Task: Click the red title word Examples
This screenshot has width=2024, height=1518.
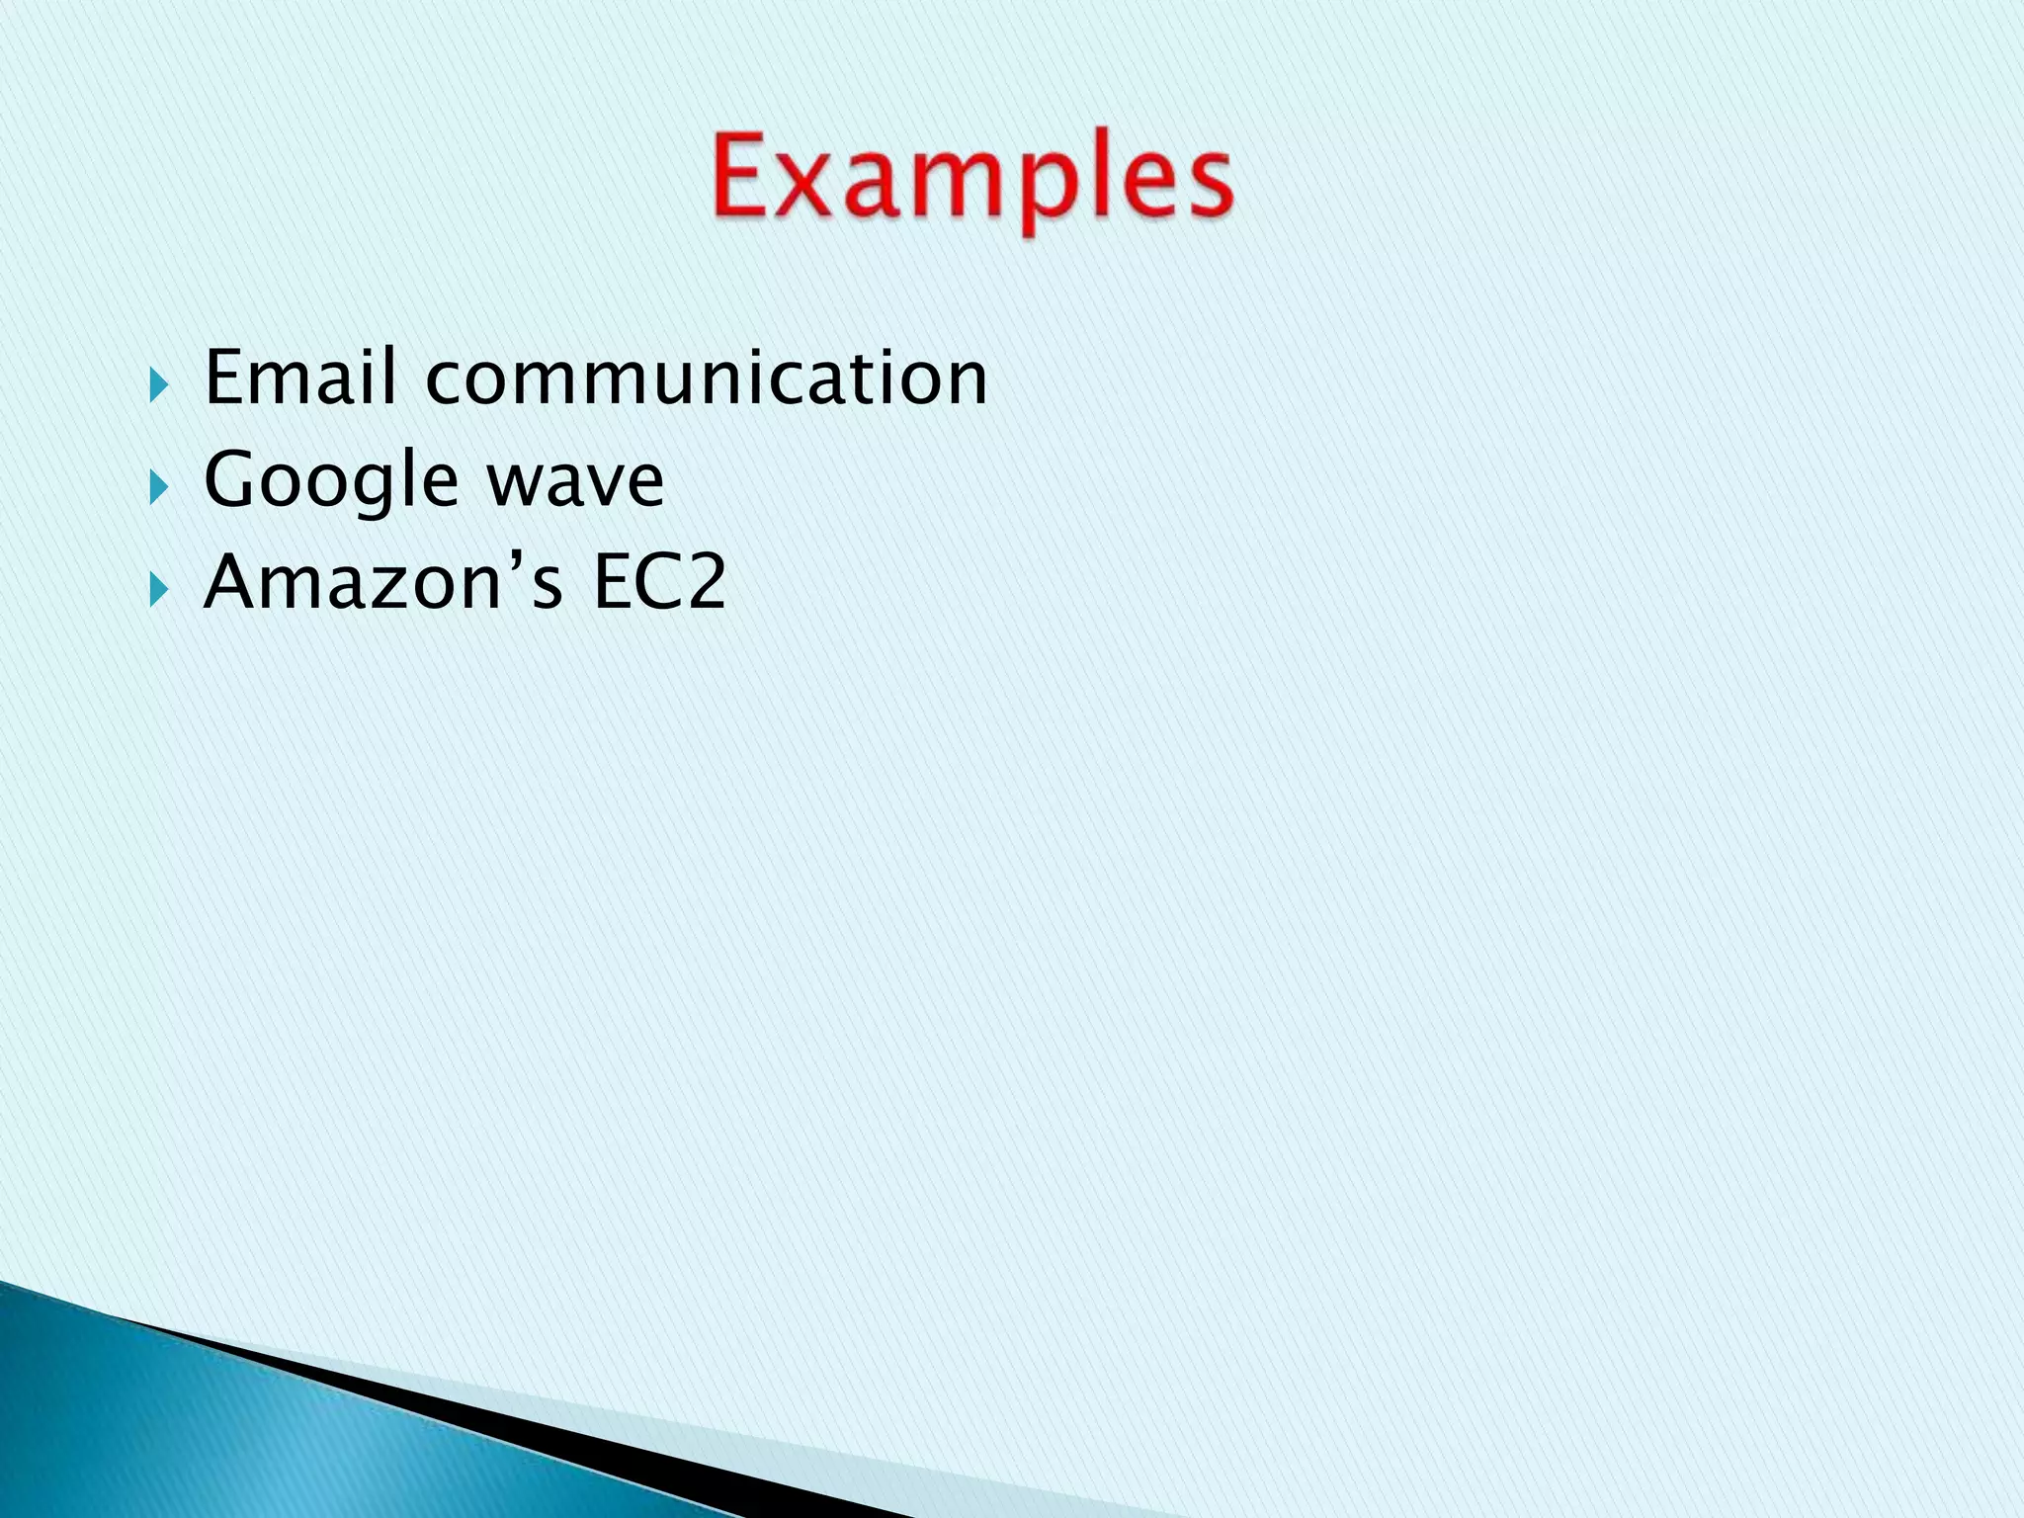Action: click(972, 183)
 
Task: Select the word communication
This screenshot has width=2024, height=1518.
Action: click(706, 379)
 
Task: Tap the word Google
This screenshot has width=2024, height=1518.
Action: click(330, 481)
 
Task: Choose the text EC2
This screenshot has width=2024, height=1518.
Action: click(659, 582)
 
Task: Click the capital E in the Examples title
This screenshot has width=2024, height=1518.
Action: click(742, 178)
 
